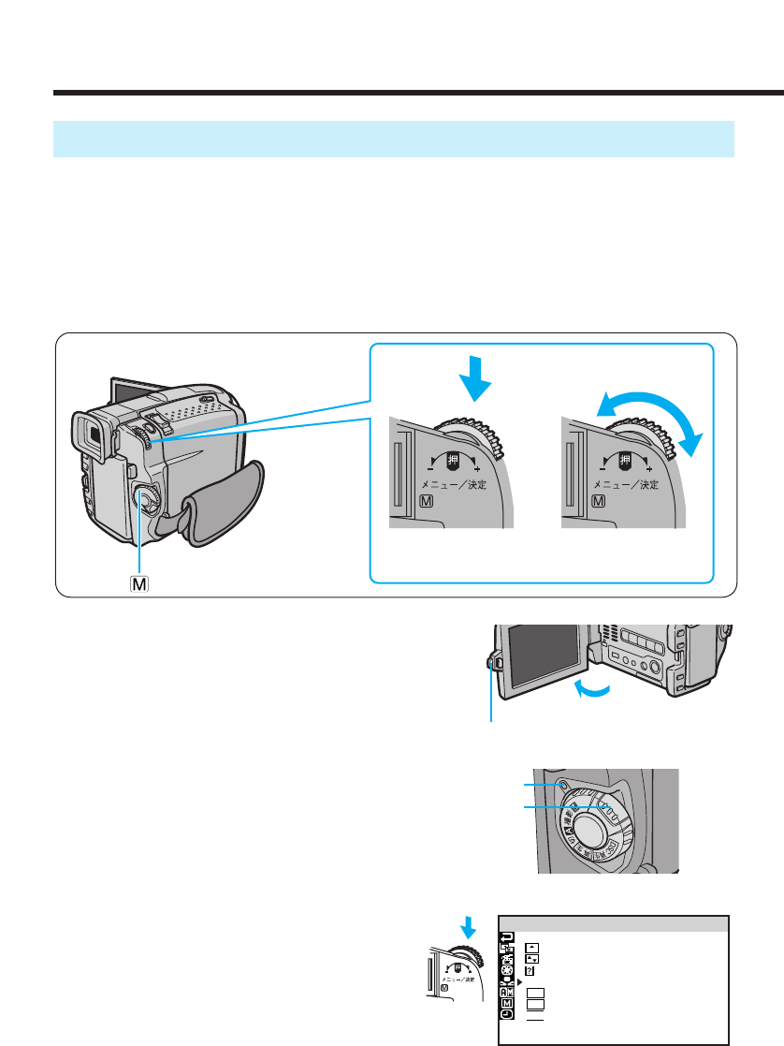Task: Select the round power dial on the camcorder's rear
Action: click(x=145, y=500)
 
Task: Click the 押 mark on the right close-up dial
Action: click(x=626, y=461)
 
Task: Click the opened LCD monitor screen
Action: click(x=541, y=656)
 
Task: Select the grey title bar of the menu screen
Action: click(x=614, y=924)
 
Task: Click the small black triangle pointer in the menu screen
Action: click(x=518, y=981)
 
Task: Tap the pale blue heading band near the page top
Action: click(x=393, y=139)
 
